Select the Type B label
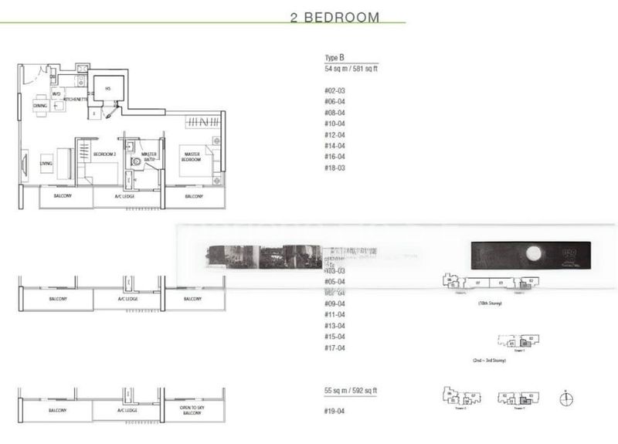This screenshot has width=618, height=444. (x=334, y=59)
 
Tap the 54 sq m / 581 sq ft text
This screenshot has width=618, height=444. (x=351, y=69)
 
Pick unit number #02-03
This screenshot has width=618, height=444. (x=334, y=91)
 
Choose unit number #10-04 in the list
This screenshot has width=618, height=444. (x=334, y=124)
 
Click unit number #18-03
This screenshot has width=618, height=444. (x=334, y=168)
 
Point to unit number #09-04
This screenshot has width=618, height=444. (x=334, y=303)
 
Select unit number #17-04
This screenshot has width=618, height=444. (x=334, y=347)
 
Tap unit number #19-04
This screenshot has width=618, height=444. (x=334, y=411)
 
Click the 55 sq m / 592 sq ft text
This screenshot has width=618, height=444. (x=351, y=392)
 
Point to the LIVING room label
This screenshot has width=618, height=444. (x=46, y=164)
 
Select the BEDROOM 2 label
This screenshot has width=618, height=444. (x=104, y=154)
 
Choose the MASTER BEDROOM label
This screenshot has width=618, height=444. (x=192, y=158)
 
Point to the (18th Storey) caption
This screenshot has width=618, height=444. (x=490, y=304)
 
